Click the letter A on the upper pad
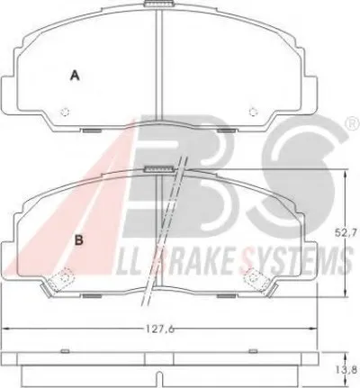pyautogui.click(x=75, y=75)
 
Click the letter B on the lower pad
pyautogui.click(x=78, y=239)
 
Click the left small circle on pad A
pyautogui.click(x=65, y=112)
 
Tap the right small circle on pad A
pyautogui.click(x=254, y=112)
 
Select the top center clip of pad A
pyautogui.click(x=159, y=4)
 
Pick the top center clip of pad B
pyautogui.click(x=159, y=169)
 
